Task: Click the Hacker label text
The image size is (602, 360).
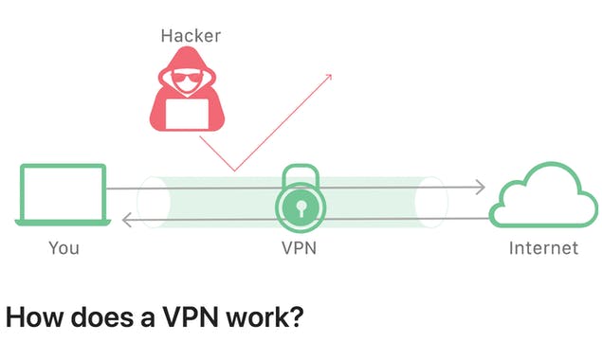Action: (x=190, y=36)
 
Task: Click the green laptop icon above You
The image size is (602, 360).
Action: (x=63, y=196)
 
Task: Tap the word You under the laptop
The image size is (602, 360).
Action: (x=64, y=248)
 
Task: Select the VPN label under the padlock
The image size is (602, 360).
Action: (x=301, y=248)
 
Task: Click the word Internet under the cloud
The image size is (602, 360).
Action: (x=542, y=248)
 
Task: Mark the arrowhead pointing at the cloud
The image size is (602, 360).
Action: (x=482, y=188)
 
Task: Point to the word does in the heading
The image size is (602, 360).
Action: (x=94, y=316)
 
